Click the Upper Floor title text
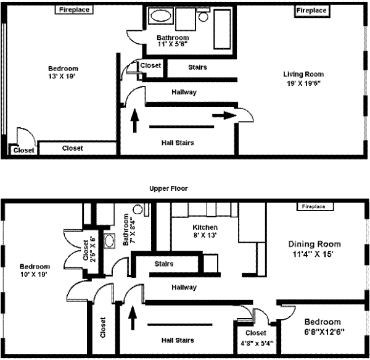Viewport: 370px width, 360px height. [168, 188]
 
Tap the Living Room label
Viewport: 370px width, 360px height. [303, 74]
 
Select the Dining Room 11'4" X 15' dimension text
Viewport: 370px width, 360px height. [313, 254]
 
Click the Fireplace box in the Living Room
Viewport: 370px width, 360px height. [312, 11]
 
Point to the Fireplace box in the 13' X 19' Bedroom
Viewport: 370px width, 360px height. [74, 10]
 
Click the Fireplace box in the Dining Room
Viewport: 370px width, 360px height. [315, 206]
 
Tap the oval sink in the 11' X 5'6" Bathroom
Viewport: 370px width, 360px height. [161, 16]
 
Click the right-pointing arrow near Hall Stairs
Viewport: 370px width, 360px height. [224, 115]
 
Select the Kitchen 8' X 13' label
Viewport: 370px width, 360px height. [205, 232]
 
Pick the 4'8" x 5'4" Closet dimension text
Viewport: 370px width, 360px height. [257, 343]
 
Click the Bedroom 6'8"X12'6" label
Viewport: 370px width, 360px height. [323, 327]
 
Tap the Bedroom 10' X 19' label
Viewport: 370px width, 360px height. [35, 270]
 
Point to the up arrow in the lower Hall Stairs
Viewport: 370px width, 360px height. [133, 317]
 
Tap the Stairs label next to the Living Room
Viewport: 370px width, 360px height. [197, 67]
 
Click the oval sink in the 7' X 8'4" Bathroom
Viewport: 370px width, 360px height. [110, 241]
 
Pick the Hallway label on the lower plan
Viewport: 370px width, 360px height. [184, 288]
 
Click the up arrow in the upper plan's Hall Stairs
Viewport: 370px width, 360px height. [134, 120]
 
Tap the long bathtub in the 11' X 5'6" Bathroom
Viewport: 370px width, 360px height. [222, 29]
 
